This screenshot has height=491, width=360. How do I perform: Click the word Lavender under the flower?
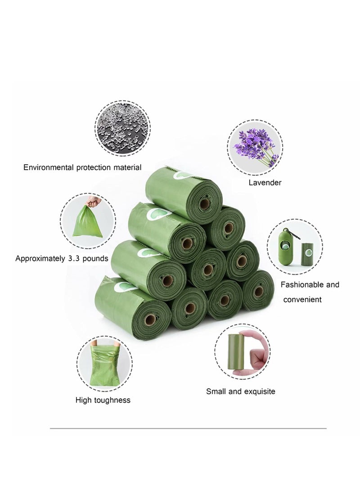(265, 183)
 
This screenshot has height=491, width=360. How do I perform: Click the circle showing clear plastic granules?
(122, 128)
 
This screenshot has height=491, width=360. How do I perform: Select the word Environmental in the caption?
(49, 167)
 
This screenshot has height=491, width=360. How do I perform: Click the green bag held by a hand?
(88, 221)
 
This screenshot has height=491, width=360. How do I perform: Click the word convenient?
(302, 300)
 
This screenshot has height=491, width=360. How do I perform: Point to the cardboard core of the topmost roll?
(205, 204)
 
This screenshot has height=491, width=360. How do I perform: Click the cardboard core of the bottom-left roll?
(150, 320)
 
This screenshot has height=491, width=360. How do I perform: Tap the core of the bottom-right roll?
(259, 292)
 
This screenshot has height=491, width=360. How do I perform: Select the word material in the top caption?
(127, 167)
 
